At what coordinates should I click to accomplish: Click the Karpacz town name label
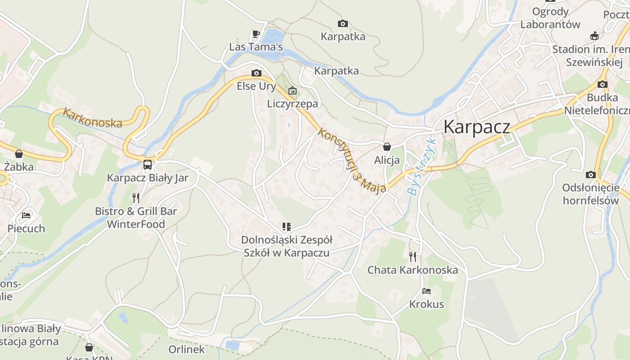click(477, 127)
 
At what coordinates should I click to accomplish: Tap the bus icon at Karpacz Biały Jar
click(148, 165)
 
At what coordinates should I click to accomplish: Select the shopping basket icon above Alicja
click(387, 147)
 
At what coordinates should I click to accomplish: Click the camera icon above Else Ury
click(256, 73)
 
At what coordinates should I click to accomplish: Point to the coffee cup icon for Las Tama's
click(256, 34)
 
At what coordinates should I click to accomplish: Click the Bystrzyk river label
click(421, 166)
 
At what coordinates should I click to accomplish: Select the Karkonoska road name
click(92, 118)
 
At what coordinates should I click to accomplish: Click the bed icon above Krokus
click(426, 291)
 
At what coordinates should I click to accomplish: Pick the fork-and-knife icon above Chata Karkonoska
click(412, 256)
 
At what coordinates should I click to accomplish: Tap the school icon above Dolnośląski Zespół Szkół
click(286, 226)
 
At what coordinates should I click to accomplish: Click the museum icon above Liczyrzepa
click(292, 90)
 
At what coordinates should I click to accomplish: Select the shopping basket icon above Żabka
click(19, 154)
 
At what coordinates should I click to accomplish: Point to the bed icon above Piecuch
click(27, 216)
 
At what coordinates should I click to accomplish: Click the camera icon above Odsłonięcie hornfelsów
click(590, 175)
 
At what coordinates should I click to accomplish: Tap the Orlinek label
click(186, 349)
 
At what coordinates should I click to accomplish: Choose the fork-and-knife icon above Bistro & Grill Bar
click(136, 198)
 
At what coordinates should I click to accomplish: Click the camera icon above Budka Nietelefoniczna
click(602, 84)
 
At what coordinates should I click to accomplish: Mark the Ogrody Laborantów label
click(550, 18)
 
